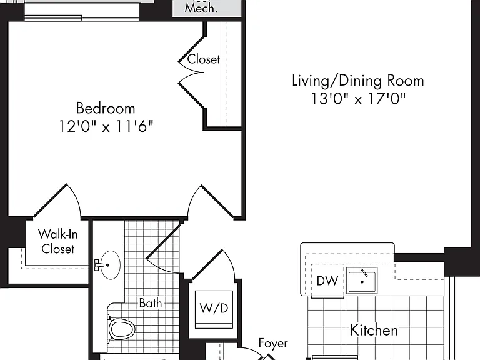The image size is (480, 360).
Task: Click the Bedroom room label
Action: click(x=106, y=108)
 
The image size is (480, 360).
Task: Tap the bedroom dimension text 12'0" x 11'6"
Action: click(x=106, y=126)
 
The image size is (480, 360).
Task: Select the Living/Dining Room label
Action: click(x=358, y=81)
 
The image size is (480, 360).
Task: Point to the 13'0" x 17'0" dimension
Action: click(x=358, y=99)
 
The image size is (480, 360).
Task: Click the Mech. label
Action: click(x=201, y=8)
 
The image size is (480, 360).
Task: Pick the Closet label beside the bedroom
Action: click(x=204, y=59)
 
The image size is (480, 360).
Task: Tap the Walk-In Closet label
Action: click(x=58, y=241)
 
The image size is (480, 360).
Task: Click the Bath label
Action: click(x=151, y=303)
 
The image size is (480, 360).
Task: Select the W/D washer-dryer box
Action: click(x=214, y=309)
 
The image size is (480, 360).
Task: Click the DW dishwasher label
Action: click(x=327, y=281)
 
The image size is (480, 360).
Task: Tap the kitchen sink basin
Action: click(x=362, y=281)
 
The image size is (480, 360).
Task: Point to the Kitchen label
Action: click(x=374, y=330)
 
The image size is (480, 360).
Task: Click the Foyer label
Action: click(x=273, y=344)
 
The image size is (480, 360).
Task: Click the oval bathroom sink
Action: click(x=110, y=265)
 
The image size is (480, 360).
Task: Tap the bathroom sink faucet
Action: click(x=99, y=265)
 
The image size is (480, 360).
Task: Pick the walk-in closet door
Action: click(x=57, y=201)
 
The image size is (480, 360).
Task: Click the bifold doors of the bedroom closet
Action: click(x=191, y=72)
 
